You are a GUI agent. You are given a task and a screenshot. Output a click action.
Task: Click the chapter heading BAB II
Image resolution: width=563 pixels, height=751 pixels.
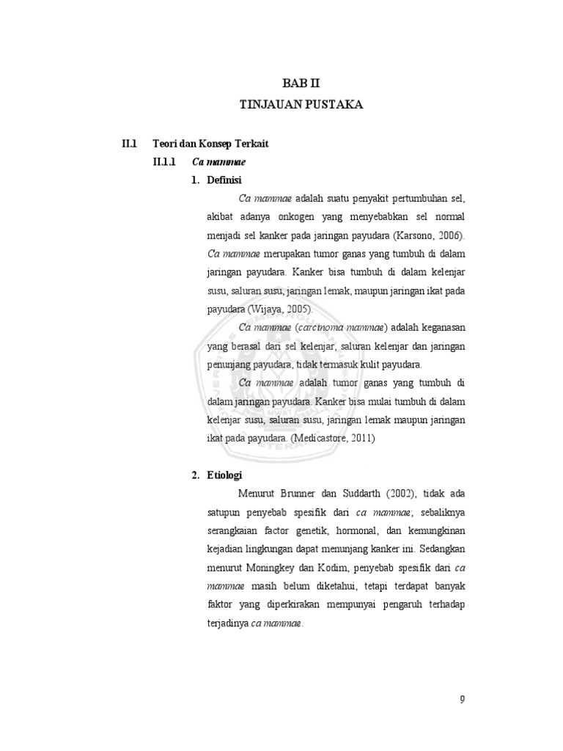301,85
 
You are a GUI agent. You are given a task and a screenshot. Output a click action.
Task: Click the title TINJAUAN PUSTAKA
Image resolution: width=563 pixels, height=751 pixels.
301,106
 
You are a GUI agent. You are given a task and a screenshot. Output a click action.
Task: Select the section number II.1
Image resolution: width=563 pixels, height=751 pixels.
130,144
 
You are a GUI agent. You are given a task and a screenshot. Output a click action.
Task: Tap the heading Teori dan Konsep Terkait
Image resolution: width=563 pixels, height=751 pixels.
199,144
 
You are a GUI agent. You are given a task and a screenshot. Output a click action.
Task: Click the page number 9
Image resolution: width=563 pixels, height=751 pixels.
462,698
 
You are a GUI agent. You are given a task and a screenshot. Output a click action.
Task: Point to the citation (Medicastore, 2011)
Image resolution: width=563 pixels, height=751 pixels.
331,439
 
